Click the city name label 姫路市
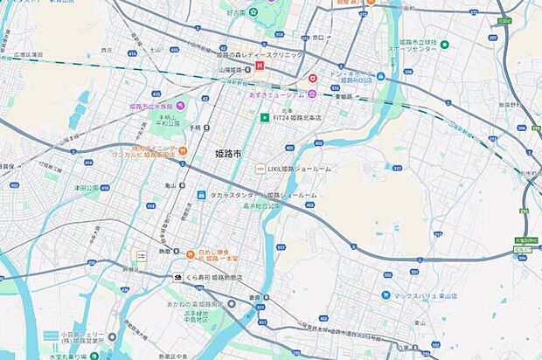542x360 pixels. pos(228,153)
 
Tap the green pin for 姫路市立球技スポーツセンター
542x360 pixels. pos(444,45)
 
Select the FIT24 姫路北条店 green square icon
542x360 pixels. pos(262,116)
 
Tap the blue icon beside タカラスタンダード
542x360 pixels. pos(201,194)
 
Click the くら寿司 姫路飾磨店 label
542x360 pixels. pos(213,277)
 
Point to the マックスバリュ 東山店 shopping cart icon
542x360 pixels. pos(386,294)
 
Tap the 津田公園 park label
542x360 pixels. pos(87,187)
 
